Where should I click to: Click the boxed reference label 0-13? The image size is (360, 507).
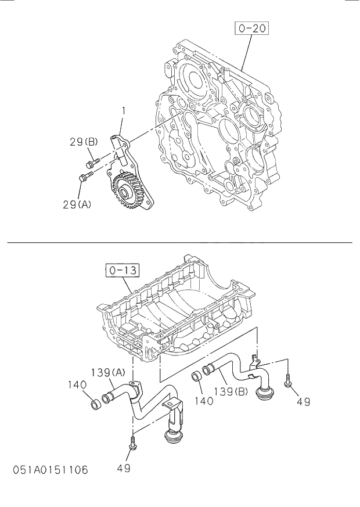[120, 270]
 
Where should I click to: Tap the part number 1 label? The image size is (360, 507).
[123, 110]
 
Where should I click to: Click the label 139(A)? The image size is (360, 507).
[107, 372]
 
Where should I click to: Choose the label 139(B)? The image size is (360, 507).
[231, 391]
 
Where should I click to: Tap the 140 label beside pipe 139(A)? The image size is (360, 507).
[77, 384]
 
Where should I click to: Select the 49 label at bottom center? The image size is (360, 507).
[124, 468]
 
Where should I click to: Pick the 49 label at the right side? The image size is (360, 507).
[303, 401]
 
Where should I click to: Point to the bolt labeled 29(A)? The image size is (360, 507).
[85, 178]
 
